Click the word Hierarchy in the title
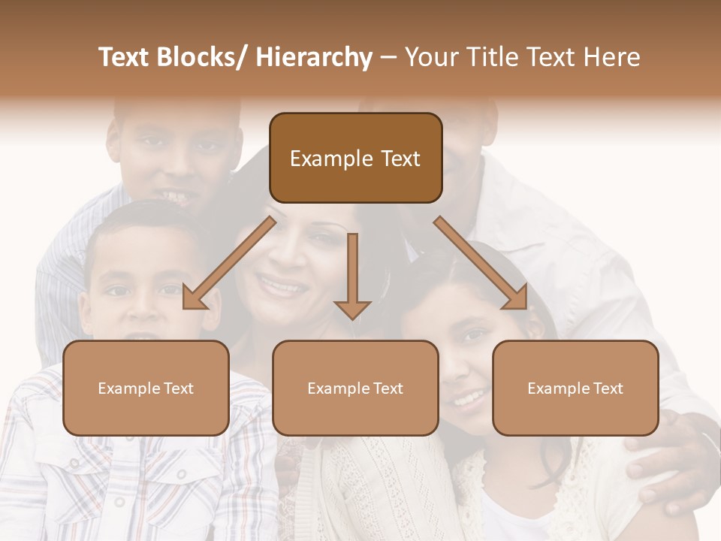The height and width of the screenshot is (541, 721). point(314,58)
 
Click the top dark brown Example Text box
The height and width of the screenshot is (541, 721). point(355,158)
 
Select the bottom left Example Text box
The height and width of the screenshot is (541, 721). point(146,388)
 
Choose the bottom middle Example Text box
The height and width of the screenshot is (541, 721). point(355,388)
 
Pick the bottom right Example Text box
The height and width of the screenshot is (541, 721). point(575,388)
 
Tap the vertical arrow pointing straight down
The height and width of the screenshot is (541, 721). point(352,274)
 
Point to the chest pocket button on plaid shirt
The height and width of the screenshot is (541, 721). point(180,475)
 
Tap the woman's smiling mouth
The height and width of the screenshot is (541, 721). point(282,286)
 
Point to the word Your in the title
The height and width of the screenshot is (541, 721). point(429,58)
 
